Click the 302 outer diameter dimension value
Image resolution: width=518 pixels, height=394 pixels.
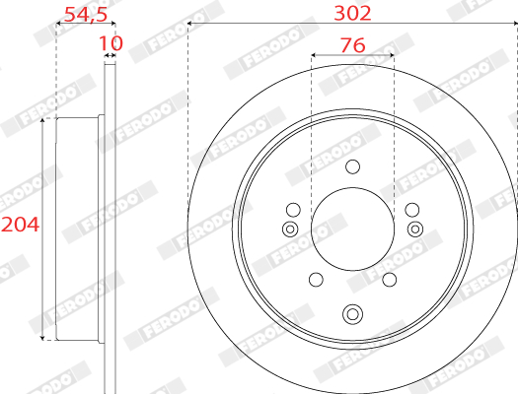(x=352, y=14)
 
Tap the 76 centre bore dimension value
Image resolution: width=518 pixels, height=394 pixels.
(x=353, y=45)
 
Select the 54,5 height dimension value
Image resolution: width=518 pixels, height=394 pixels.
(x=86, y=15)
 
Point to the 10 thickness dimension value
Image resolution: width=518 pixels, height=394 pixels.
(x=111, y=43)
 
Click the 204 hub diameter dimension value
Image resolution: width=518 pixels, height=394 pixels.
(x=20, y=225)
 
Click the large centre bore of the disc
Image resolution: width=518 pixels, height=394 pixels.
(x=353, y=230)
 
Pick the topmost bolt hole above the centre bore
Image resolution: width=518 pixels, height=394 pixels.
(x=352, y=166)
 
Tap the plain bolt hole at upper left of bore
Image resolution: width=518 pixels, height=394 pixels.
(x=293, y=210)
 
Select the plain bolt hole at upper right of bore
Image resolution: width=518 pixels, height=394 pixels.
(x=412, y=210)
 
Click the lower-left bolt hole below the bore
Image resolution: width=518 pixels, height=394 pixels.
(x=316, y=280)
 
